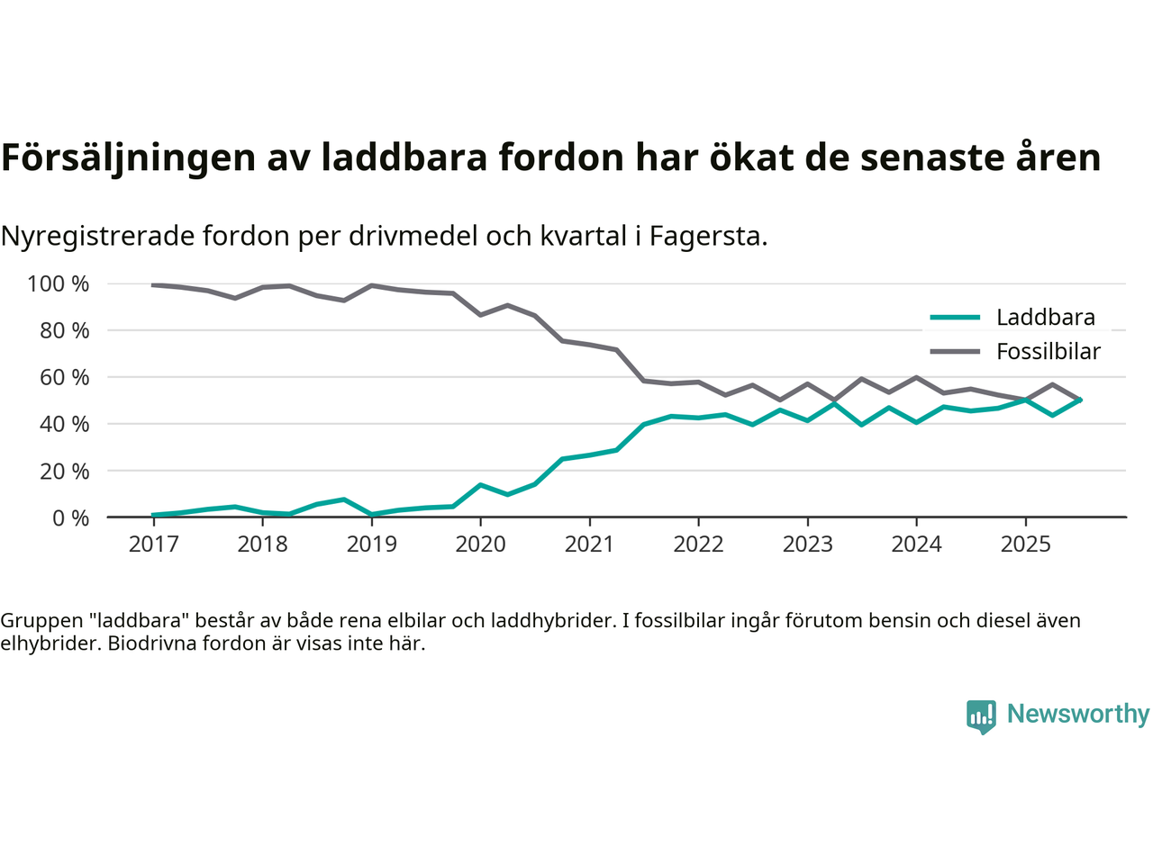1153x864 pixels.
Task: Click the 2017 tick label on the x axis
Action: coord(153,544)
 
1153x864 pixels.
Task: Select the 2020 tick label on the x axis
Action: coord(480,544)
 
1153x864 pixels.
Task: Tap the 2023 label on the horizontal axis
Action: coord(807,544)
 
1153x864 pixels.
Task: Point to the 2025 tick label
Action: coord(1025,544)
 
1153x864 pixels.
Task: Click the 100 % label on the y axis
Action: coord(59,284)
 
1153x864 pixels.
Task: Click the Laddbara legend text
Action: coord(1045,318)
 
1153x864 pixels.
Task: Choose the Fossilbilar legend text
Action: coord(1048,352)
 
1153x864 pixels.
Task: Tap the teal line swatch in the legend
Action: coord(955,318)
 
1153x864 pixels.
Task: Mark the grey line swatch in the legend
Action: coord(955,352)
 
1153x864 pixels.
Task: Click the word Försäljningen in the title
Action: coord(129,157)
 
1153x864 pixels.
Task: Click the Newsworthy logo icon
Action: coord(981,716)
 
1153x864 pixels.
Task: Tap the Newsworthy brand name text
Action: coord(1077,714)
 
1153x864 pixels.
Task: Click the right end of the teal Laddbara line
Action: coord(1079,400)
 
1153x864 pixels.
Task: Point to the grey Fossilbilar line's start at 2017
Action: coord(153,285)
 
